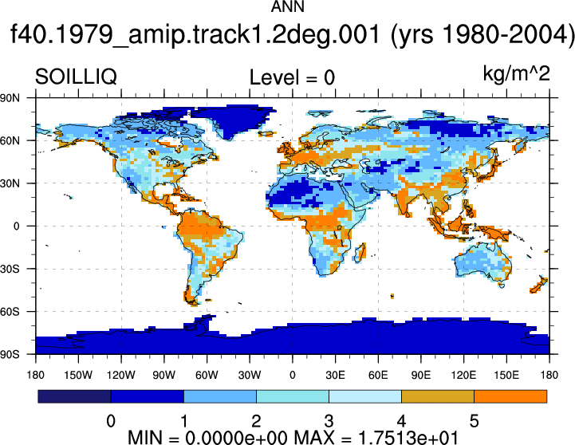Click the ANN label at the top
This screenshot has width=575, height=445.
[x=287, y=6]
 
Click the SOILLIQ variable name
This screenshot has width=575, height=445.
[x=76, y=77]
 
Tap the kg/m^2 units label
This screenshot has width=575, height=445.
[x=516, y=73]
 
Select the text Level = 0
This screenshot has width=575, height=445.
[x=292, y=77]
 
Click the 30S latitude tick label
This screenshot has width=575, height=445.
[x=10, y=269]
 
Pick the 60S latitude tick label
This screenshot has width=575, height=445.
[x=10, y=312]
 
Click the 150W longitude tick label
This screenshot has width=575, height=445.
[x=78, y=375]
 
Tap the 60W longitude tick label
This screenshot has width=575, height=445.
[x=207, y=375]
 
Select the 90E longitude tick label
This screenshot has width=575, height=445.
[x=420, y=375]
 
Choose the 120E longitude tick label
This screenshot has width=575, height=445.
[x=463, y=375]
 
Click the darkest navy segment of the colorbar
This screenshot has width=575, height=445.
[x=74, y=396]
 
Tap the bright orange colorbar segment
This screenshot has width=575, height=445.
[x=510, y=396]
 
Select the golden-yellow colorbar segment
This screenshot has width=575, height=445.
[x=438, y=396]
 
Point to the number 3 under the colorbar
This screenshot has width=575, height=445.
[x=329, y=421]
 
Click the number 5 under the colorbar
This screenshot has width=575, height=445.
[x=475, y=421]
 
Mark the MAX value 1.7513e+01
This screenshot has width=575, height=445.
[x=408, y=438]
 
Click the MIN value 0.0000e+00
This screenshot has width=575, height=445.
[x=236, y=438]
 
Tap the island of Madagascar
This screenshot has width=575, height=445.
[x=360, y=253]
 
